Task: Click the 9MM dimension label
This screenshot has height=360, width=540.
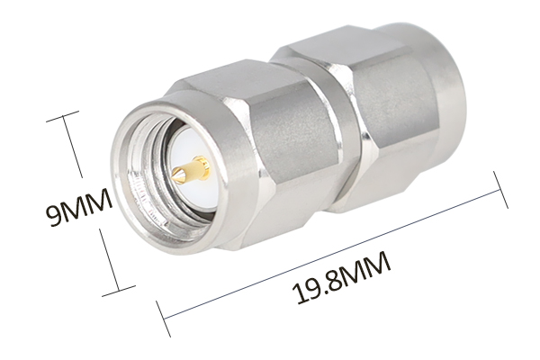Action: coord(79,207)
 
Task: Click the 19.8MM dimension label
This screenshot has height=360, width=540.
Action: coord(342,278)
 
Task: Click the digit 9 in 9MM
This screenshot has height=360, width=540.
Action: coord(54,215)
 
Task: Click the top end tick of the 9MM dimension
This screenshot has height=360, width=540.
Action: coord(62,116)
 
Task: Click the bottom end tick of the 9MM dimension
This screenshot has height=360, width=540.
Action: coord(119,291)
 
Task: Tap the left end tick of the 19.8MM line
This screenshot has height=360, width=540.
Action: coord(163,319)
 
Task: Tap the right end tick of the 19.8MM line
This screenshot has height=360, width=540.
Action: coord(500,190)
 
